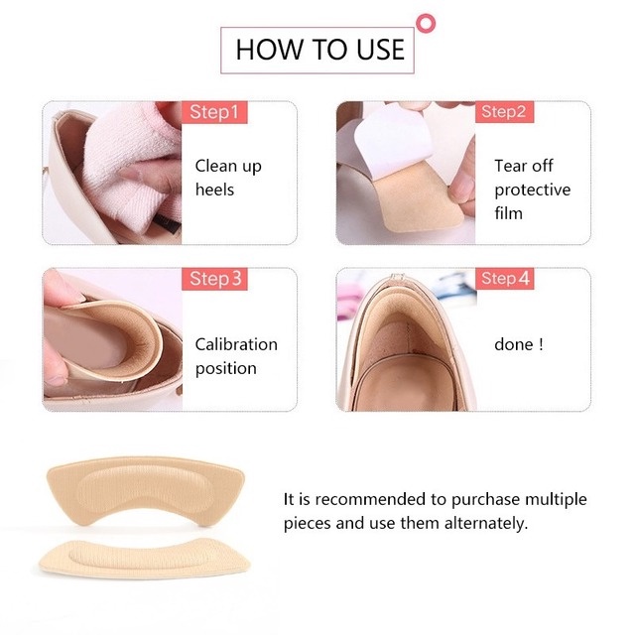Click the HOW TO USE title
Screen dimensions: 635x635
click(x=319, y=49)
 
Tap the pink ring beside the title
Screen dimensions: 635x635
click(x=428, y=21)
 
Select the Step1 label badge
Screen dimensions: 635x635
click(x=213, y=112)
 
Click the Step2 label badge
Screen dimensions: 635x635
click(x=504, y=112)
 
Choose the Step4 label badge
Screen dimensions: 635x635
click(x=505, y=279)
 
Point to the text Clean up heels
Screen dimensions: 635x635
click(x=227, y=178)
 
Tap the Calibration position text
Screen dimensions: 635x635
click(x=235, y=356)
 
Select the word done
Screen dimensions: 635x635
click(x=513, y=345)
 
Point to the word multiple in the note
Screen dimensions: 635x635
click(x=555, y=499)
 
